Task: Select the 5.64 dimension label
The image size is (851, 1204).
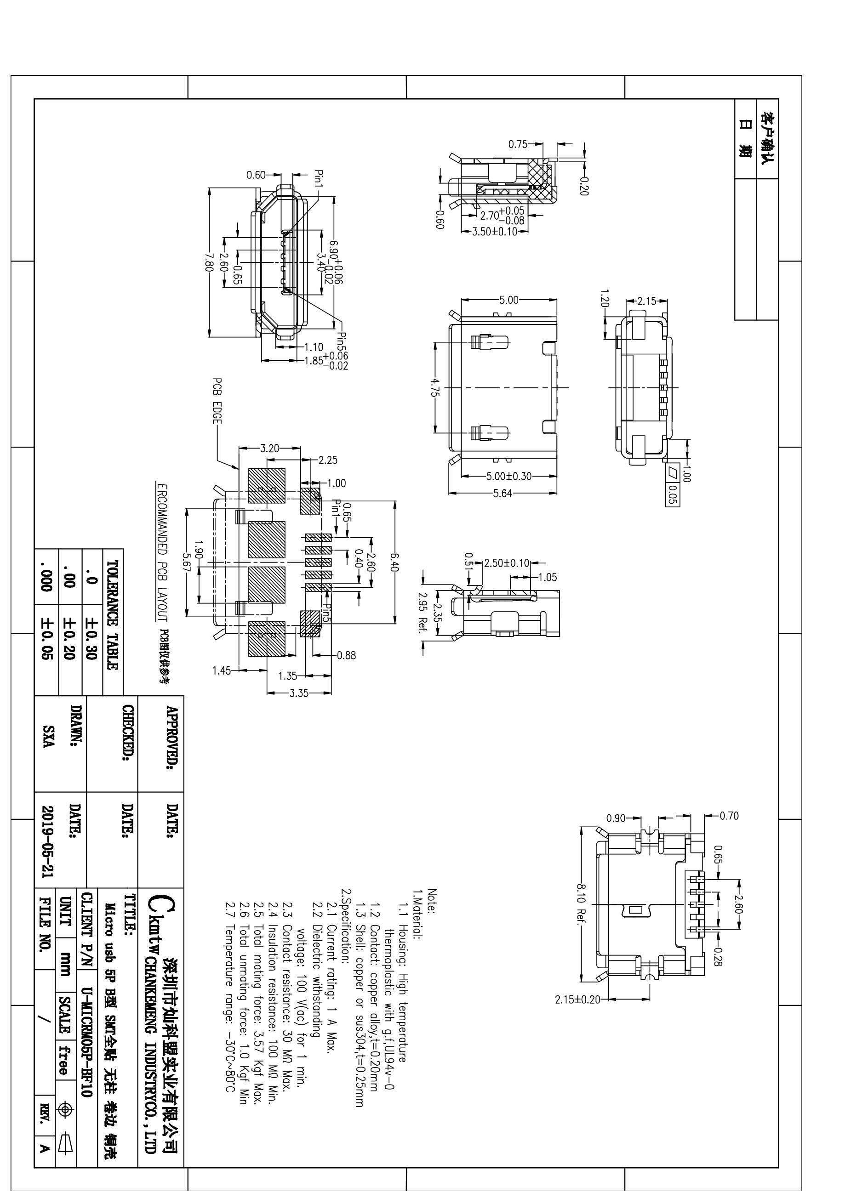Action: (503, 494)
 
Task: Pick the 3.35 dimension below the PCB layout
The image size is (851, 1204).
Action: (299, 693)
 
